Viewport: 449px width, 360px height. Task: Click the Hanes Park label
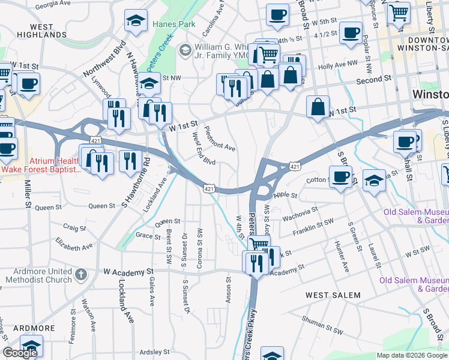(174, 25)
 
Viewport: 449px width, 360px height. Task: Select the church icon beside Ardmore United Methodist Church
(82, 275)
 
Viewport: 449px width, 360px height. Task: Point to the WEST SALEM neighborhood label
(333, 295)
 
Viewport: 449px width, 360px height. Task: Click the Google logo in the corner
(20, 353)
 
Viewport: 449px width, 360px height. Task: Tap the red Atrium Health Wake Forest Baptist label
(41, 166)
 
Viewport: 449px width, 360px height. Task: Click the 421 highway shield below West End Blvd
(208, 188)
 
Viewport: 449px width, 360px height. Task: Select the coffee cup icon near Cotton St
(341, 176)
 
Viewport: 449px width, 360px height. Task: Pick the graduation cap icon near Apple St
(374, 181)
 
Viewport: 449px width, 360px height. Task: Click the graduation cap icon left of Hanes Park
(136, 21)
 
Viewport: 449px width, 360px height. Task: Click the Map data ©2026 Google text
(412, 355)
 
